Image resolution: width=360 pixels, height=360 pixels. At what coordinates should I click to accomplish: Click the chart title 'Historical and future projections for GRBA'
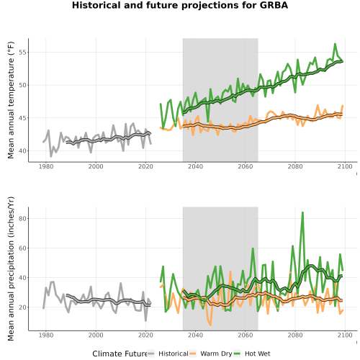[180, 5]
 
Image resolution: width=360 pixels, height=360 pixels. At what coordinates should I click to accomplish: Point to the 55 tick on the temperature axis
[22, 53]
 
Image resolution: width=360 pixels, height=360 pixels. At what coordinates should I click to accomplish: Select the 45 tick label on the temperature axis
[22, 118]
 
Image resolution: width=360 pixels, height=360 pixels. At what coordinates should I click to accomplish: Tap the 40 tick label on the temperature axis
[22, 151]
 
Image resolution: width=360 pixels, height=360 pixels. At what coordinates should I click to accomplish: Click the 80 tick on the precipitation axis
[22, 219]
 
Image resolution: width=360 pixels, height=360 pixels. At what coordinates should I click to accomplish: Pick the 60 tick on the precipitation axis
[22, 248]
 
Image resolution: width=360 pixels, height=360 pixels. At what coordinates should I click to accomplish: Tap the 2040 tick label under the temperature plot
[195, 166]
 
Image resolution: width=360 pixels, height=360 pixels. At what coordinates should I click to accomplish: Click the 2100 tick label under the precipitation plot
[345, 335]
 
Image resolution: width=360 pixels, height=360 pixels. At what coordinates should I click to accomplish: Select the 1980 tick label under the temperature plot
[46, 166]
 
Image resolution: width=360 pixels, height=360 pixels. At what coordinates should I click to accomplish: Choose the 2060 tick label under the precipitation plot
[246, 335]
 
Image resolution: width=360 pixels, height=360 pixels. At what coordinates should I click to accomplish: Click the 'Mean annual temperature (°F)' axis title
[11, 100]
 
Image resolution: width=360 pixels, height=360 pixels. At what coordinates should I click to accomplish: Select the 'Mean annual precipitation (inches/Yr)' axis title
[11, 269]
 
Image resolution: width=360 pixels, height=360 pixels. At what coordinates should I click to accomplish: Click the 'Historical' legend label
[174, 354]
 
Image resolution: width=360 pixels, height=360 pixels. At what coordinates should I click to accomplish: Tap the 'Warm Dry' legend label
[216, 354]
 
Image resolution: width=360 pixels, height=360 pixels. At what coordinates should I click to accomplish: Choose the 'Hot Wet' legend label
[257, 354]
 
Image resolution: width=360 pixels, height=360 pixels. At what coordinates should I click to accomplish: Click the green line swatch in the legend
[237, 354]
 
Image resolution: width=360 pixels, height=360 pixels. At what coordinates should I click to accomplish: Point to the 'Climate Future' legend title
[120, 354]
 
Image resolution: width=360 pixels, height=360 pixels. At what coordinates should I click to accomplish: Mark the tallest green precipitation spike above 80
[302, 212]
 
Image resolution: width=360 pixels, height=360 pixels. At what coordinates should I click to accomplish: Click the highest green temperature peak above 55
[335, 44]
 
